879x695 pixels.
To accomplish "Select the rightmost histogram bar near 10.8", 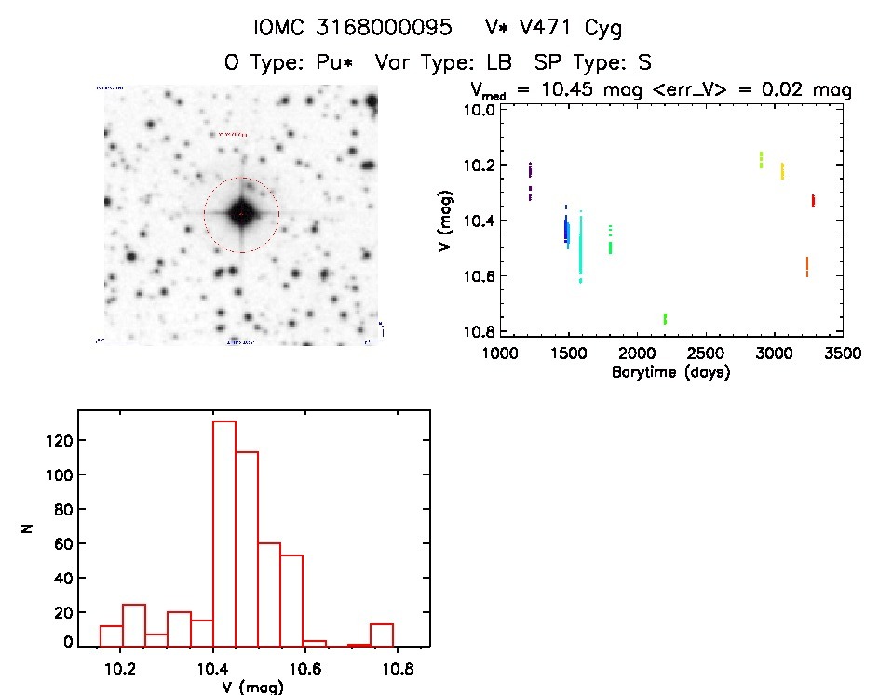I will click(382, 635).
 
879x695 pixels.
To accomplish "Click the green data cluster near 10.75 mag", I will click(665, 318).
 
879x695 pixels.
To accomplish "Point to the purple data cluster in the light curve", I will click(530, 181).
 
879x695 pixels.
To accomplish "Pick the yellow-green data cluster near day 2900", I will click(761, 160).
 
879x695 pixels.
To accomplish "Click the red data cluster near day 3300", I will click(813, 200).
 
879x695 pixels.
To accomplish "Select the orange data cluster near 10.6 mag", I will click(806, 267).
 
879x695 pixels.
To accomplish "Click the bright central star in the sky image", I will click(241, 213).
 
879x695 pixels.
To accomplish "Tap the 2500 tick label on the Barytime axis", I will click(705, 354).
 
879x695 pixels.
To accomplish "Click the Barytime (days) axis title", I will click(670, 372).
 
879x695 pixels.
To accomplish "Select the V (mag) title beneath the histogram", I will click(247, 687).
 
